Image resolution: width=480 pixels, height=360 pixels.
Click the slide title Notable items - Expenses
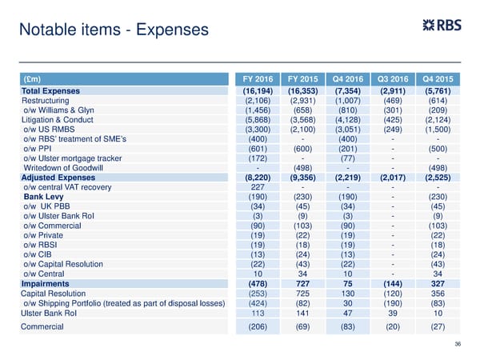pyautogui.click(x=112, y=30)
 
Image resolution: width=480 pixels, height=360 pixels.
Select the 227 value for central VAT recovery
pyautogui.click(x=258, y=187)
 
